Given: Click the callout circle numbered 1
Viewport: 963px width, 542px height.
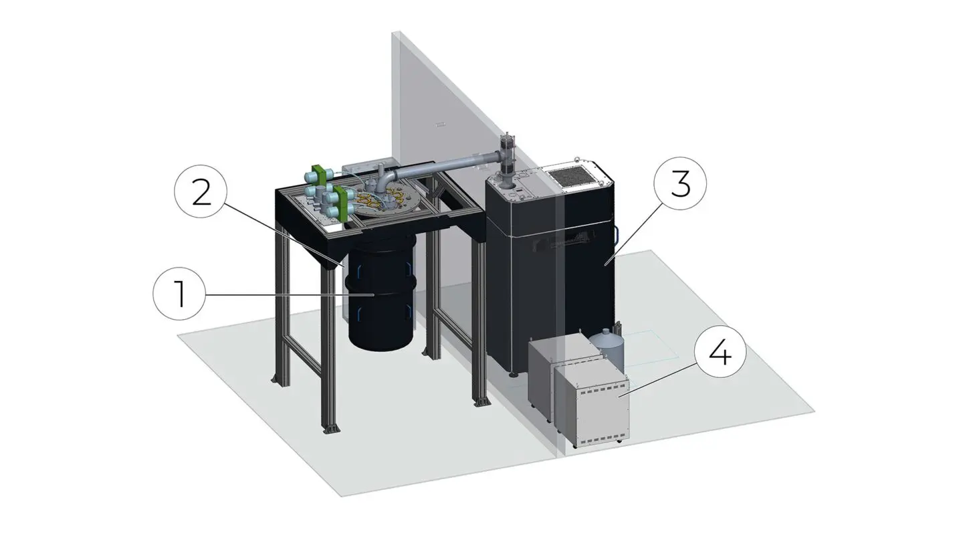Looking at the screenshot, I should click(179, 295).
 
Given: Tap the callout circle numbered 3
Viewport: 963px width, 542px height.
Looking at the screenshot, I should click(679, 183).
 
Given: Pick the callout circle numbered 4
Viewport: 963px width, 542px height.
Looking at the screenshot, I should click(720, 355).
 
